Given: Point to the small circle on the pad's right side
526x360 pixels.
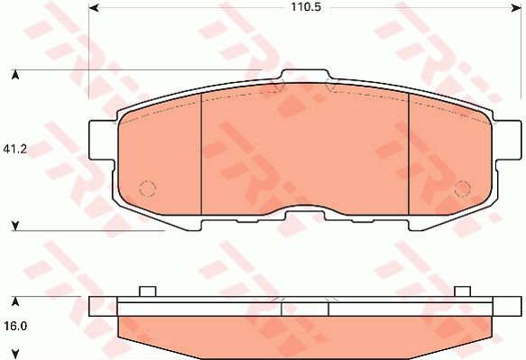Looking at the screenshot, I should [462, 189].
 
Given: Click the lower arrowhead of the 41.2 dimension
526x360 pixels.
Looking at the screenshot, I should [14, 225].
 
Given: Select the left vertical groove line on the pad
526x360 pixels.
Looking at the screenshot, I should [198, 153].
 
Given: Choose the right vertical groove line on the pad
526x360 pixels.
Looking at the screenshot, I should [411, 153].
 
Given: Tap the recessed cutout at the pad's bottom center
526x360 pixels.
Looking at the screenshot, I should [307, 213].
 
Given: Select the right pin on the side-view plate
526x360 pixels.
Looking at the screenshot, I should [462, 291].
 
